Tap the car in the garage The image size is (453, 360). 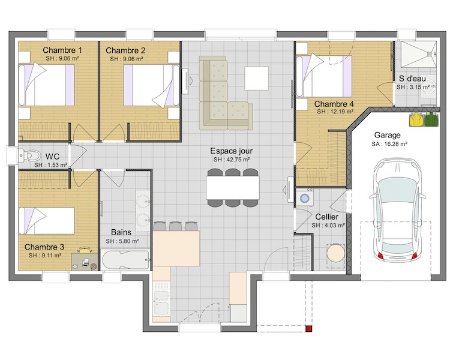point(397,209)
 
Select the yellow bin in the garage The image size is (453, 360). point(416,119)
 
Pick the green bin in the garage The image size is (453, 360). point(431,119)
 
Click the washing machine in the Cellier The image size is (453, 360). point(304,197)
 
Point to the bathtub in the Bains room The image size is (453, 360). point(125,260)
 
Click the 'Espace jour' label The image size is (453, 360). point(231,151)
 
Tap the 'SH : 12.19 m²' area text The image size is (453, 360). point(335,112)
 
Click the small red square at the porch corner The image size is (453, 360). point(309,329)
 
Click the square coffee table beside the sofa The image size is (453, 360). point(257,78)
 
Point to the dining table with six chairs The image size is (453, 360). point(233,188)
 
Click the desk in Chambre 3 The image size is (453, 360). point(85,261)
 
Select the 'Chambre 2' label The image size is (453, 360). point(125,50)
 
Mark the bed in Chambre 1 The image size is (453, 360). point(46,85)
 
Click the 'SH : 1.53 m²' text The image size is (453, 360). point(51,165)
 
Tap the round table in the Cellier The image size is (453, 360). point(336,253)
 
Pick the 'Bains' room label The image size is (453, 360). point(121,232)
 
